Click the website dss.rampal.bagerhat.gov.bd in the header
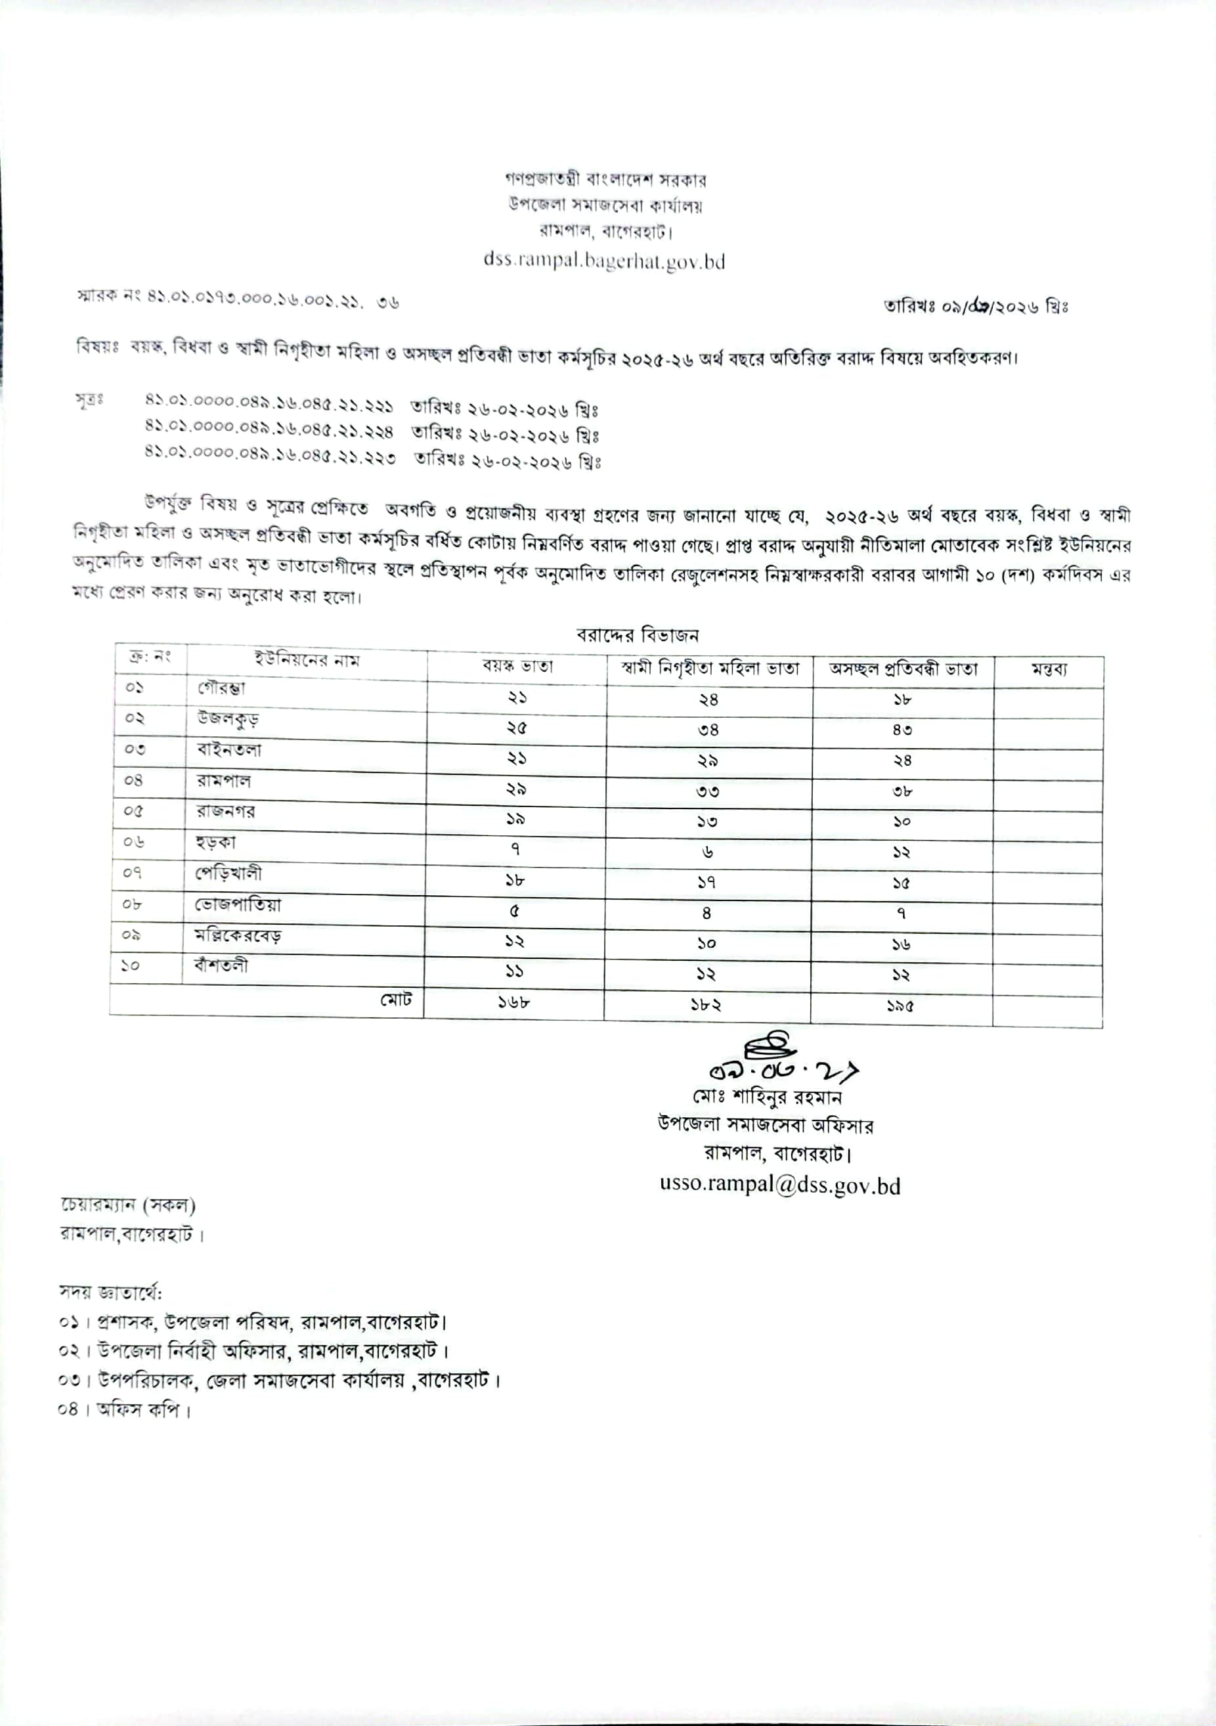click(603, 261)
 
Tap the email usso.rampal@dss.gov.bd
click(779, 1184)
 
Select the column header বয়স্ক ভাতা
click(517, 666)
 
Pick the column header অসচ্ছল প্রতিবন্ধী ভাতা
click(903, 669)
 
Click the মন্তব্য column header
click(1049, 670)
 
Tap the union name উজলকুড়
click(228, 719)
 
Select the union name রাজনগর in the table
click(225, 811)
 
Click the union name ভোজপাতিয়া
click(238, 904)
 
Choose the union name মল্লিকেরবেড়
click(238, 936)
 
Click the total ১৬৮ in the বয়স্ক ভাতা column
click(514, 1002)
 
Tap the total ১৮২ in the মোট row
click(706, 1004)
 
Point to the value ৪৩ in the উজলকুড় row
click(902, 730)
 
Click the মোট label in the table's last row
click(395, 1000)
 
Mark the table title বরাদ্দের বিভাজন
click(638, 635)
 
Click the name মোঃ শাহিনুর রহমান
click(767, 1097)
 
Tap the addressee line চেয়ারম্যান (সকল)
click(128, 1206)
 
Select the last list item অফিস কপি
click(142, 1409)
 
